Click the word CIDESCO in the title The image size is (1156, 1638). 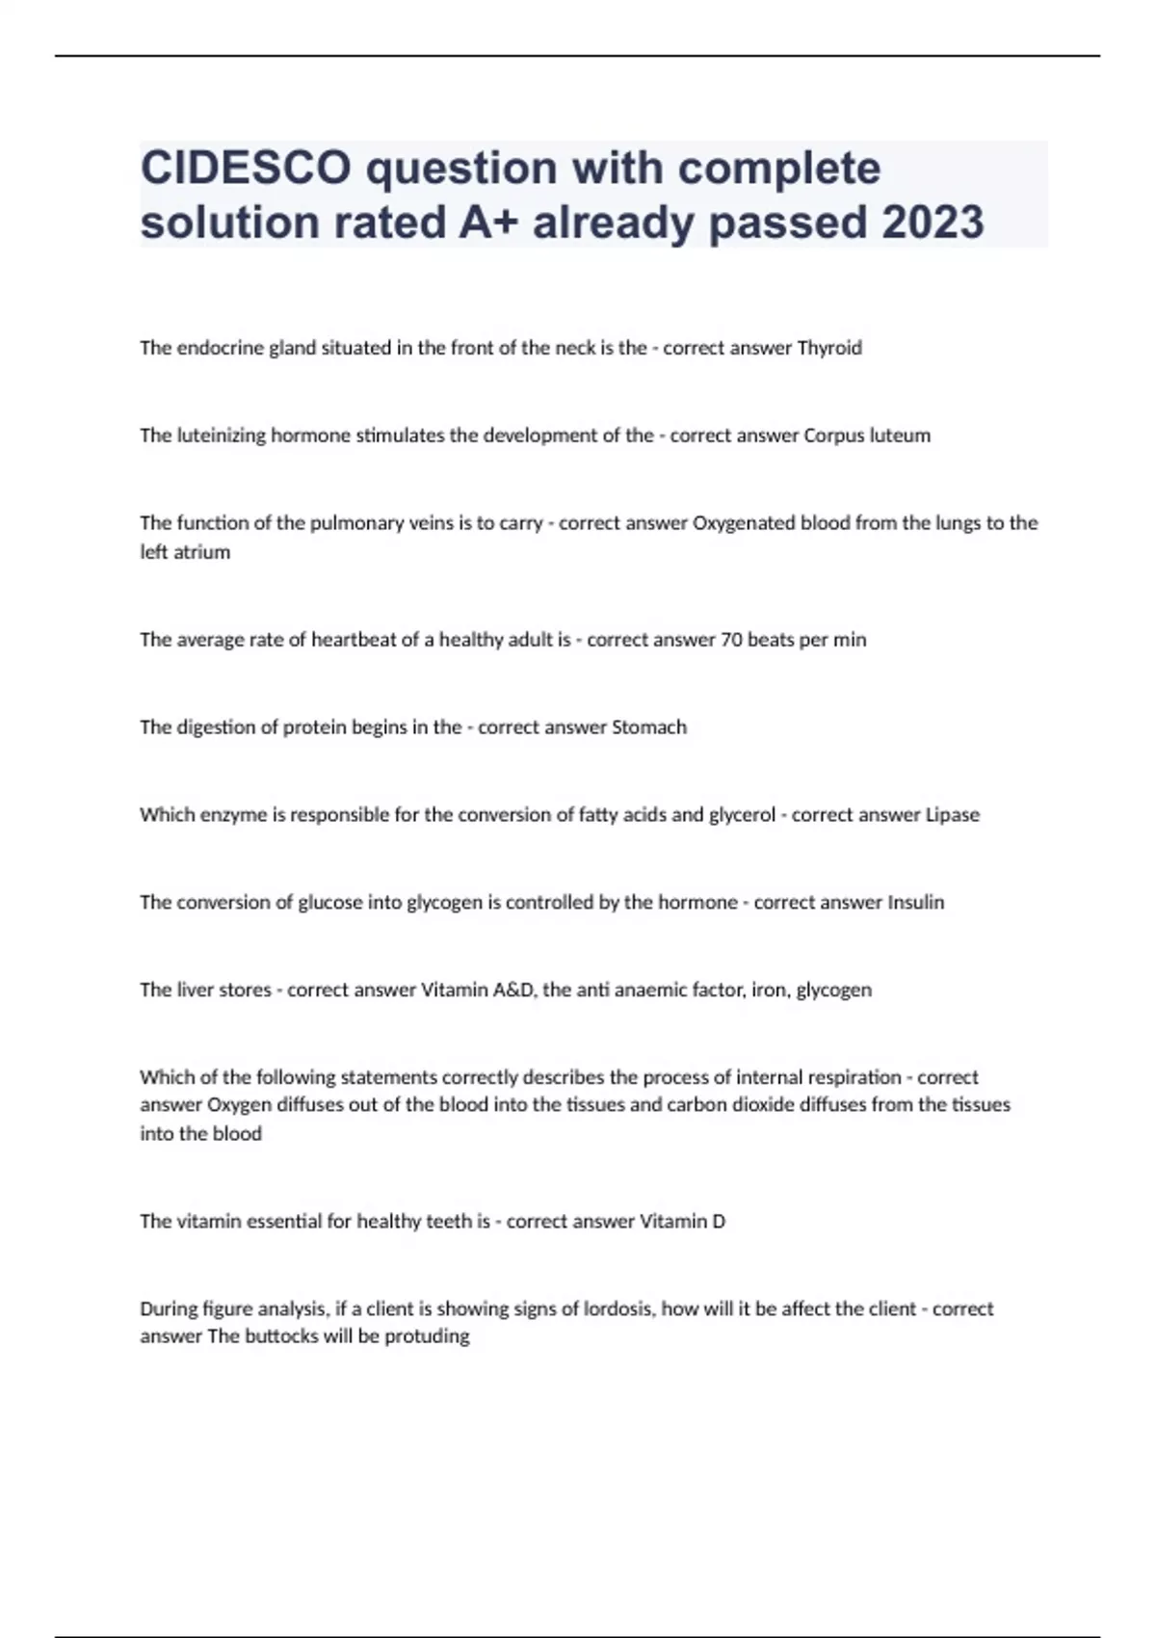(246, 169)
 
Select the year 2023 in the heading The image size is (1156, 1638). (932, 223)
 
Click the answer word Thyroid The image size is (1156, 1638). (829, 348)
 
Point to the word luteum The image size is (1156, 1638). (900, 436)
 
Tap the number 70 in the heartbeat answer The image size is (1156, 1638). (731, 640)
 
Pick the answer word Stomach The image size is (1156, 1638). (649, 727)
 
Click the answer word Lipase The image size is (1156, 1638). (952, 815)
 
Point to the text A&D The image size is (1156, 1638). (513, 991)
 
